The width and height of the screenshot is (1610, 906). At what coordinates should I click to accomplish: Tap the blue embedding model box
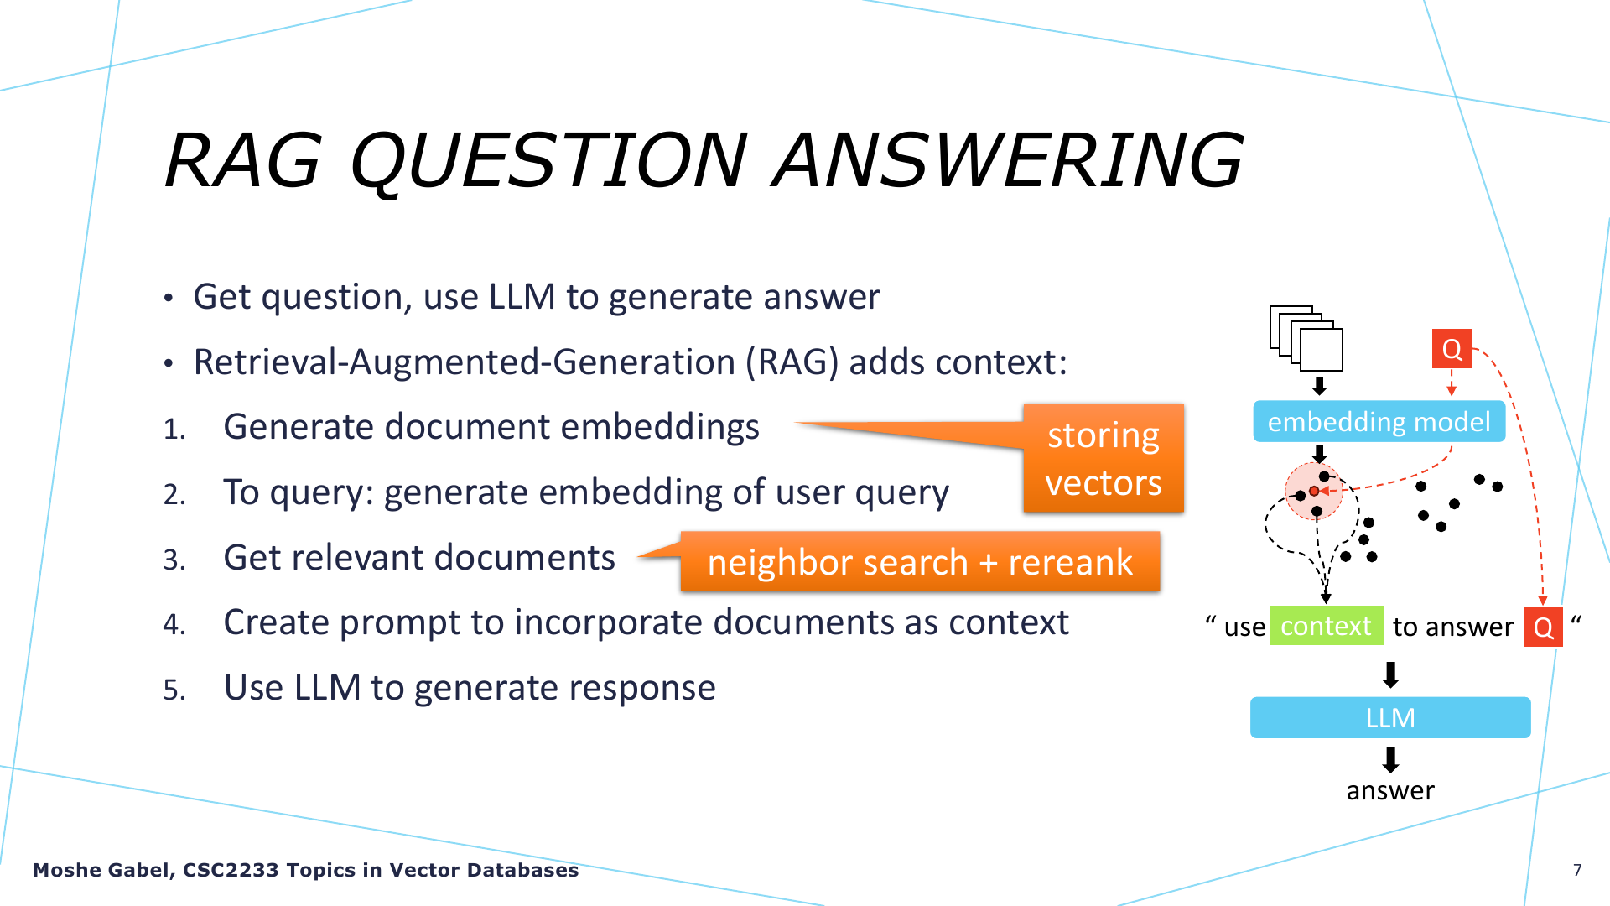coord(1379,421)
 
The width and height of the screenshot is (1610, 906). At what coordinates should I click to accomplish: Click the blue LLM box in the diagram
coord(1390,717)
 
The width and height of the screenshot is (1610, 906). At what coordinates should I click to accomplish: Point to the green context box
coord(1326,626)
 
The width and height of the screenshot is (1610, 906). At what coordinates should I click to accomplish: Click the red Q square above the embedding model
coord(1452,348)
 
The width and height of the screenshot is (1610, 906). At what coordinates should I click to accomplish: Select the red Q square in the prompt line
coord(1543,627)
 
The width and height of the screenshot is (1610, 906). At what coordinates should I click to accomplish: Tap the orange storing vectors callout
coord(1104,458)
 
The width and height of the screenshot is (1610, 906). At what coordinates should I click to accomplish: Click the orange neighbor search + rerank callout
coord(920,561)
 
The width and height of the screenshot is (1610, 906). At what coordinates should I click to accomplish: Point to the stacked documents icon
coord(1306,338)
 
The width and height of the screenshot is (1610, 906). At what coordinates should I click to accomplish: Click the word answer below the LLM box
coord(1390,790)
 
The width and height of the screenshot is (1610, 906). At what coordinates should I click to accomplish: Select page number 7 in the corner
coord(1577,870)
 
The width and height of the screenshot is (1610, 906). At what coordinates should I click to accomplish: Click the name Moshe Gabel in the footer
coord(101,870)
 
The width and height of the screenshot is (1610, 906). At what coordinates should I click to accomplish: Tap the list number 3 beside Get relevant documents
coord(174,560)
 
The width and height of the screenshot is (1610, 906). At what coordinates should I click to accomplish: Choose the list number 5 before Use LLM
coord(174,690)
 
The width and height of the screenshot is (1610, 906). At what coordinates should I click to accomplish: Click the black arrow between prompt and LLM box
coord(1390,674)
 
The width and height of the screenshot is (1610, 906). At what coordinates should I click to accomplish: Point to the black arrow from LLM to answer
coord(1390,759)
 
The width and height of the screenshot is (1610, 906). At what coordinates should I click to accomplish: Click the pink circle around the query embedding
coord(1314,492)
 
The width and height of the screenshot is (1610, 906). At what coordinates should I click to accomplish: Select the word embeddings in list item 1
coord(660,428)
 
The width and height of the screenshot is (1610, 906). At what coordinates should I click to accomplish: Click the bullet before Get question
coord(169,298)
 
